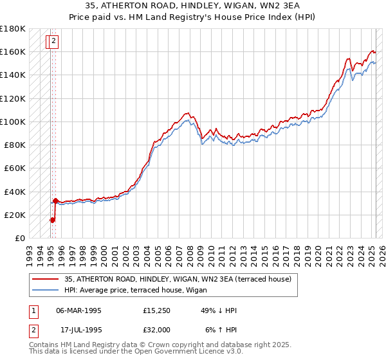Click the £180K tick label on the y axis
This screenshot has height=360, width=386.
point(13,28)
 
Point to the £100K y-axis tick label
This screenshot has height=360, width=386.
point(13,122)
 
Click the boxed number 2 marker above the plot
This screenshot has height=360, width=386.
point(53,42)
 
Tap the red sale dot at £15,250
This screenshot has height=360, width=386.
point(53,220)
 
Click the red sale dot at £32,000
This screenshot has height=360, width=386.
point(56,201)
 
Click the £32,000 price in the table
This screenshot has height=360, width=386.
point(157,330)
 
